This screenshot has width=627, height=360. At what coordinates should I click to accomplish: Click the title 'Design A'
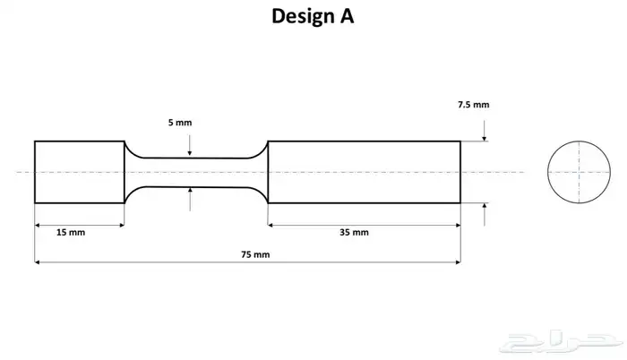313,17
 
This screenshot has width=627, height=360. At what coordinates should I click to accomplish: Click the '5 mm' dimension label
179,122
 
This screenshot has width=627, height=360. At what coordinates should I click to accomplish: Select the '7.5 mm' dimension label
472,105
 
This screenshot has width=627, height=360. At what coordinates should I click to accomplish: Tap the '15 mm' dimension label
70,233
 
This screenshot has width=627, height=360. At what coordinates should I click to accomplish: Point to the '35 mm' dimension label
354,233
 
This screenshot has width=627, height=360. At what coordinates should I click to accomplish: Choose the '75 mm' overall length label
255,254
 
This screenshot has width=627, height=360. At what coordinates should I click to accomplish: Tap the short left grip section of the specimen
79,172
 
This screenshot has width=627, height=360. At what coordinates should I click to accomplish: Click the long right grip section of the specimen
364,172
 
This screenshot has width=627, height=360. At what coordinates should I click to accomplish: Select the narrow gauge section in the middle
195,172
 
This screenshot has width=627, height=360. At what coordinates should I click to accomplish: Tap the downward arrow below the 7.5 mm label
485,134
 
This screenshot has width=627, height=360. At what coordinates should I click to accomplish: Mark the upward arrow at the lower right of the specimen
485,210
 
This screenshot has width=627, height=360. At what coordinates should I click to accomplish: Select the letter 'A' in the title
346,17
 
